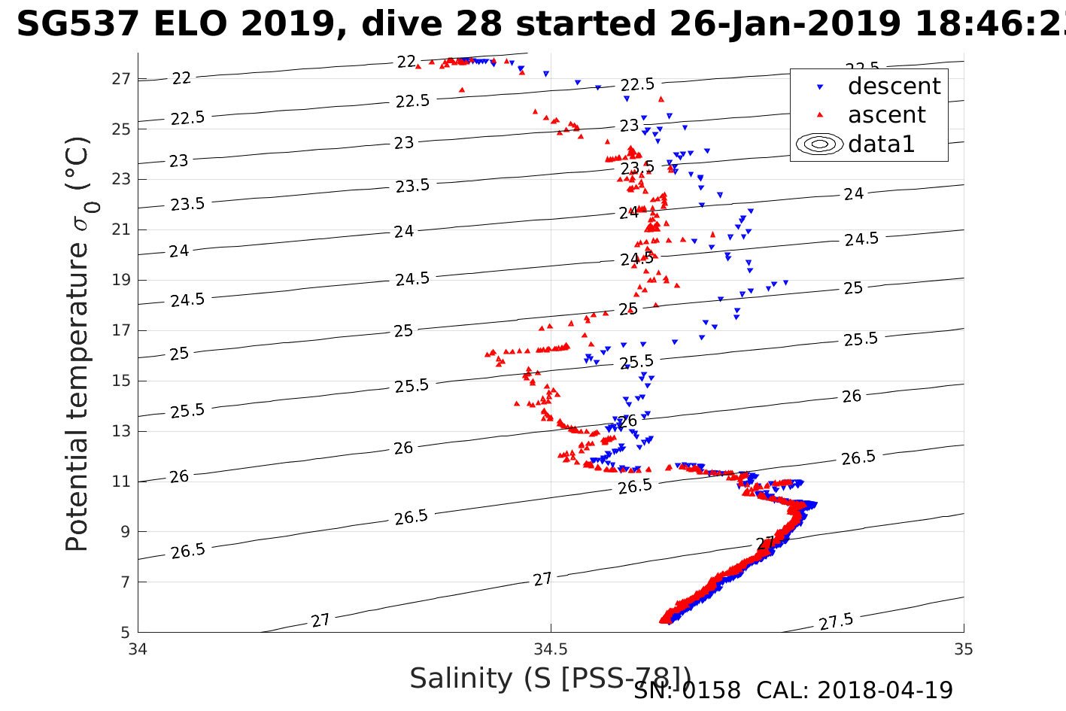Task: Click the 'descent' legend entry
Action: point(894,87)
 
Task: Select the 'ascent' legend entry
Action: point(886,115)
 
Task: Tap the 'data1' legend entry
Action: point(881,144)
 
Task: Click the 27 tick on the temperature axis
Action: point(122,78)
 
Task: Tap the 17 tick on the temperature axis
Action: point(122,330)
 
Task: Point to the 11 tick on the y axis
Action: point(122,482)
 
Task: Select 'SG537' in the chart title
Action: point(77,25)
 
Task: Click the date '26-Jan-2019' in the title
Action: point(785,25)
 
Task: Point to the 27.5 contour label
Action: point(836,621)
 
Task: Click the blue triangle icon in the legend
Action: point(820,87)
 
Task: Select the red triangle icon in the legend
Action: point(820,115)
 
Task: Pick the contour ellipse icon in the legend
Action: point(820,144)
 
